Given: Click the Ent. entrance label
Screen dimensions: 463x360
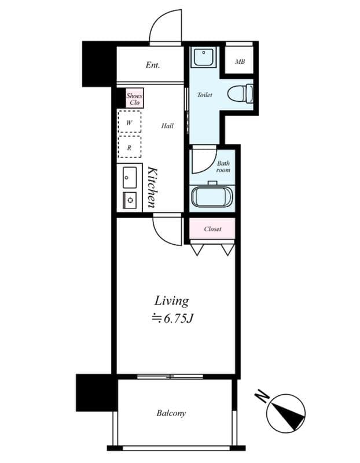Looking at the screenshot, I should [152, 65].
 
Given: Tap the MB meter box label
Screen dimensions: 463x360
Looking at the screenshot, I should [239, 61].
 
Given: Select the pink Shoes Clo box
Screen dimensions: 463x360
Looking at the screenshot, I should [134, 99].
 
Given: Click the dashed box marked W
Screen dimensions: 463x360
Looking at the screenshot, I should [129, 123].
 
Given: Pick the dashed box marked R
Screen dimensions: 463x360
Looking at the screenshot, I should [129, 148].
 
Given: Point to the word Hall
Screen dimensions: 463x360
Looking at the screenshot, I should [167, 126].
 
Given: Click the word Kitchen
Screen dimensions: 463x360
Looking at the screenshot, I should [152, 187].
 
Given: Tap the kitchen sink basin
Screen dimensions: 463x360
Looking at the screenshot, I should [130, 175].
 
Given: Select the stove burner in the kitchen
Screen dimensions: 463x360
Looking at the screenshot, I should [130, 200].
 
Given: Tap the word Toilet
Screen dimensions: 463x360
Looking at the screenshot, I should [204, 95].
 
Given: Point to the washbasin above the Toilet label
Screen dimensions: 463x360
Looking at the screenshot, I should [203, 57].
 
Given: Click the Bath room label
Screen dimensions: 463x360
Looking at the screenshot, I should [223, 167].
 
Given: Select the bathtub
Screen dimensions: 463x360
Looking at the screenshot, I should [211, 197].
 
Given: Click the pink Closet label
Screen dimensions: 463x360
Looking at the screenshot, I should [212, 229].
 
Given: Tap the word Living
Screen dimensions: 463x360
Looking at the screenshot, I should [171, 301].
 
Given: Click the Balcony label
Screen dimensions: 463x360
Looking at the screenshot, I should [171, 413].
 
